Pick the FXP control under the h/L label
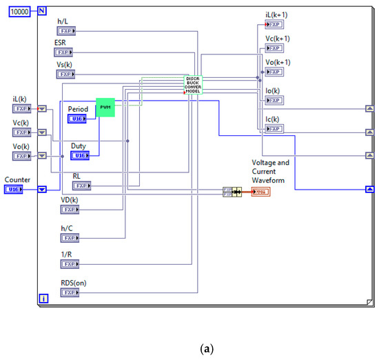pyautogui.click(x=66, y=30)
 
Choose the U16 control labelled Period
pyautogui.click(x=78, y=119)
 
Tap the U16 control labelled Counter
pyautogui.click(x=15, y=189)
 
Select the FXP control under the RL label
pyautogui.click(x=82, y=186)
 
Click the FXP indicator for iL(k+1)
pyautogui.click(x=273, y=25)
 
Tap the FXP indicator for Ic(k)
pyautogui.click(x=273, y=128)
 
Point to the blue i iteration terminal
pyautogui.click(x=43, y=299)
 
